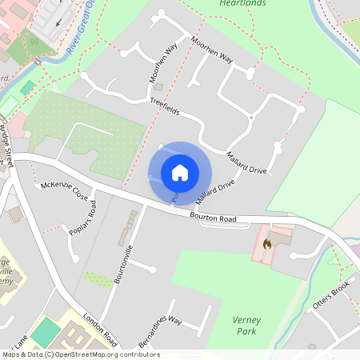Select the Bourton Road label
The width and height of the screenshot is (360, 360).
(x=214, y=218)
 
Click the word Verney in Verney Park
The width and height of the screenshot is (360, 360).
(x=246, y=319)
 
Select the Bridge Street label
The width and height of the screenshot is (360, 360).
(x=7, y=144)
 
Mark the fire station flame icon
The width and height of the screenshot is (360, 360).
(x=268, y=242)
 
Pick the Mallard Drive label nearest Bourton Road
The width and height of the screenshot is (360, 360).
(x=215, y=191)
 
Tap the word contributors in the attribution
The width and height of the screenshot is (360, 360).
(x=137, y=354)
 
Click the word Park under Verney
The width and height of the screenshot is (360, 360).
(x=247, y=330)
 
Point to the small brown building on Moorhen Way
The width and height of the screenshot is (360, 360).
(x=158, y=86)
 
